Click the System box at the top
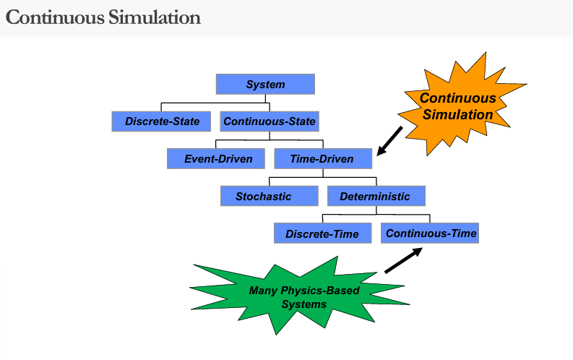265,84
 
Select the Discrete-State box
163,121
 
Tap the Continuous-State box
270,121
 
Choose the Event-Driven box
218,159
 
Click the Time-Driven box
322,159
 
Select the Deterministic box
376,197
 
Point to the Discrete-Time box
322,234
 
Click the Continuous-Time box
431,233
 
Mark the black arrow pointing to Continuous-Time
403,260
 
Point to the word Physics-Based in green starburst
324,291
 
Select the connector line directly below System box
265,99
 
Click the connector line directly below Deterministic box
376,211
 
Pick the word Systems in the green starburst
303,304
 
